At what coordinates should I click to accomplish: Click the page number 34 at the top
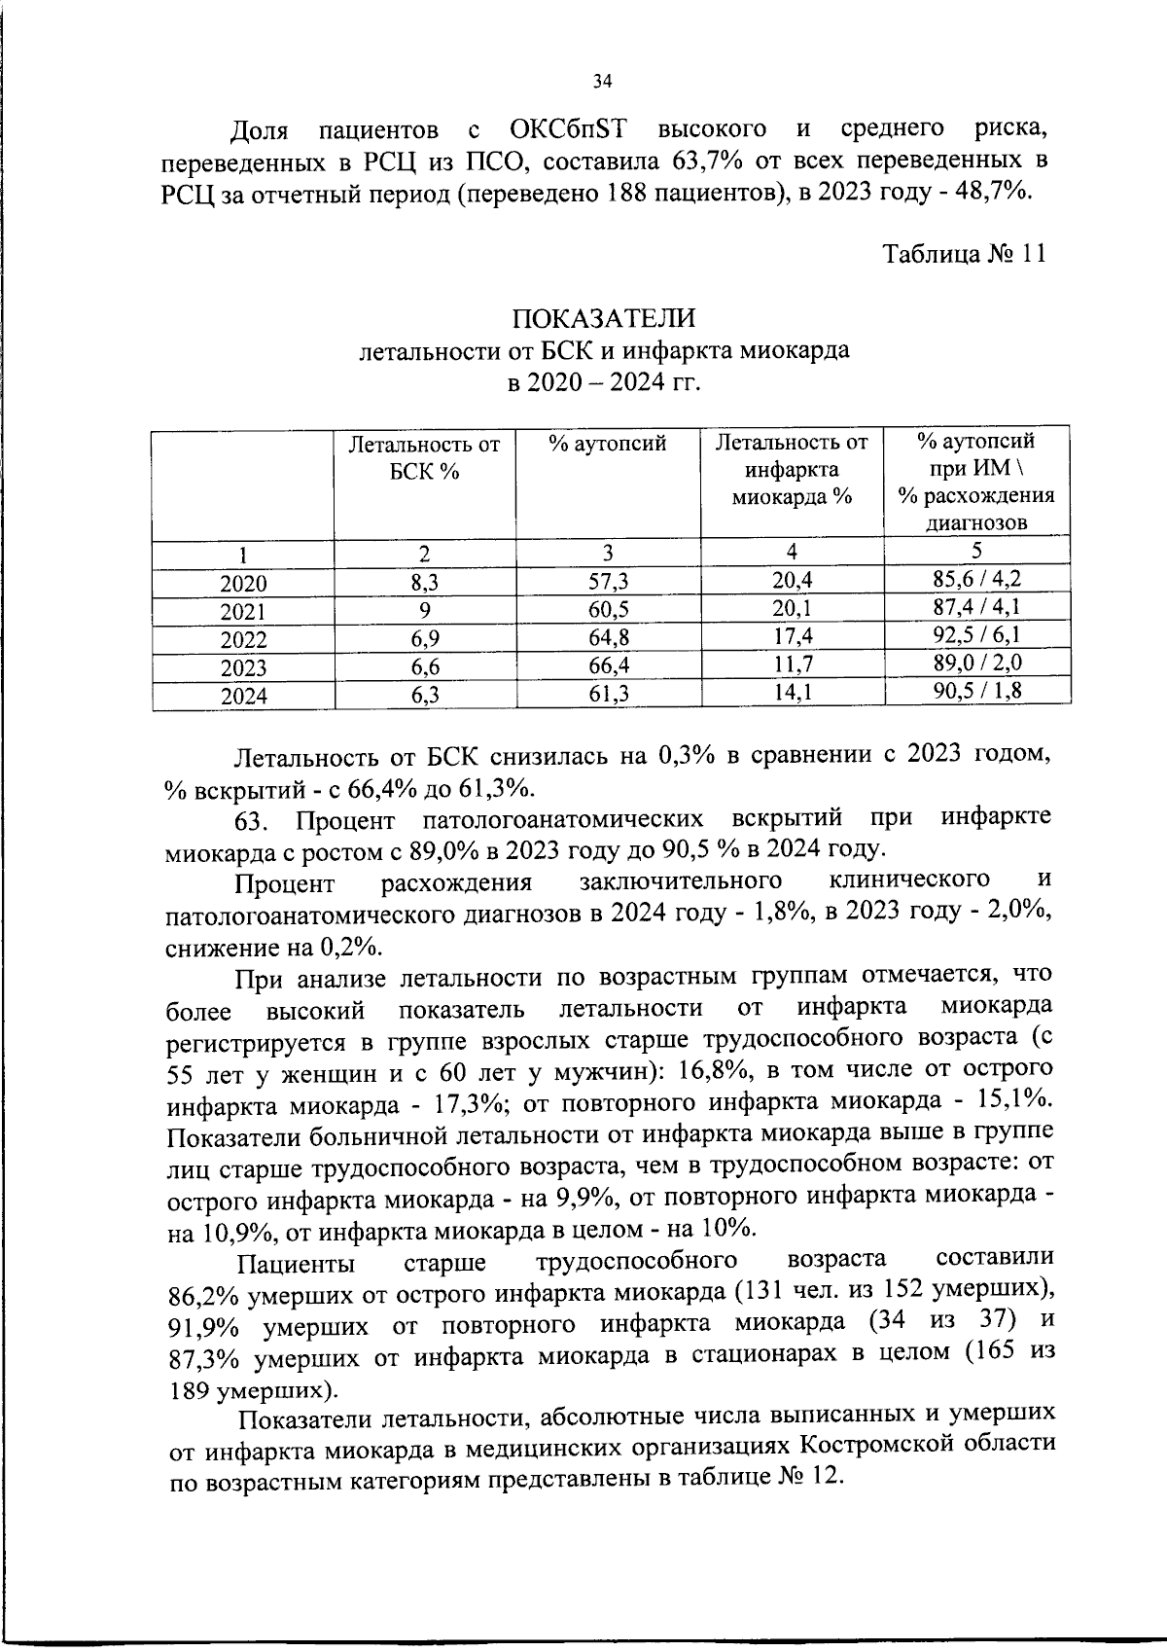coord(601,82)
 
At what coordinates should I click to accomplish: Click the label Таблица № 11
coord(964,255)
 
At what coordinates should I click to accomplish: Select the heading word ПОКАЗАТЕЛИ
coord(604,318)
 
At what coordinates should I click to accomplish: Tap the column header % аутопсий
coord(607,445)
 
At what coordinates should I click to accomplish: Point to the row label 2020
coord(243,584)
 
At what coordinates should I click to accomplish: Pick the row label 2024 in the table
coord(243,697)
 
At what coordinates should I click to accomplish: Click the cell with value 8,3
coord(424,582)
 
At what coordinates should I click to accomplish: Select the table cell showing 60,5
coord(607,610)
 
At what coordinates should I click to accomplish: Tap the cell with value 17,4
coord(791,637)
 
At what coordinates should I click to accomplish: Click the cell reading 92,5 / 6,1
coord(975,635)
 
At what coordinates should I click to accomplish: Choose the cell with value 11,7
coord(791,665)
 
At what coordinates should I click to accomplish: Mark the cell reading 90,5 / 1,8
coord(975,691)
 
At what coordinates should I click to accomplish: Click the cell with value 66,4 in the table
coord(607,666)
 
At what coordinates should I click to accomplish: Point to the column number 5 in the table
coord(976,551)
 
